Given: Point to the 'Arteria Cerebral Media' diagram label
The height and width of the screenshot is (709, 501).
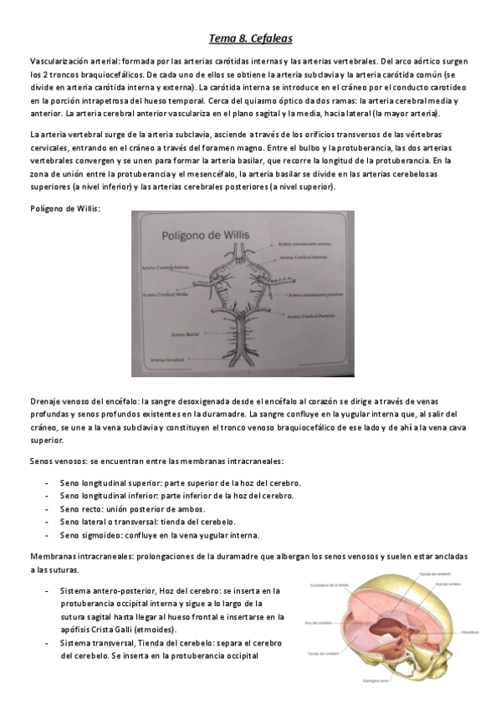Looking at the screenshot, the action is pyautogui.click(x=165, y=294).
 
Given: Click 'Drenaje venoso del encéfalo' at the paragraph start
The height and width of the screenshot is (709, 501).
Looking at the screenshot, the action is pyautogui.click(x=83, y=402).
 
